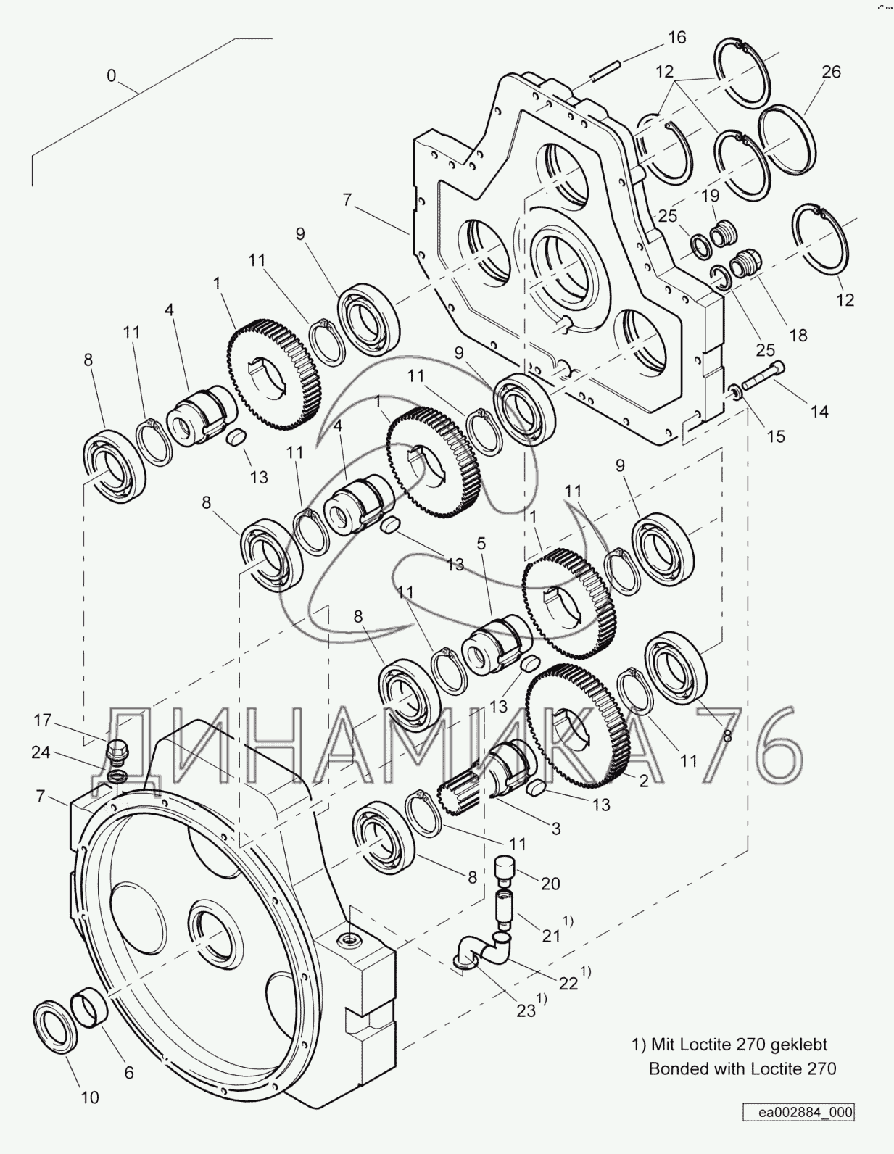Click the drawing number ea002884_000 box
point(798,1111)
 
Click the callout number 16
point(676,38)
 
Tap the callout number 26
point(832,72)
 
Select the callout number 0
point(111,76)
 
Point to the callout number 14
point(819,412)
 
